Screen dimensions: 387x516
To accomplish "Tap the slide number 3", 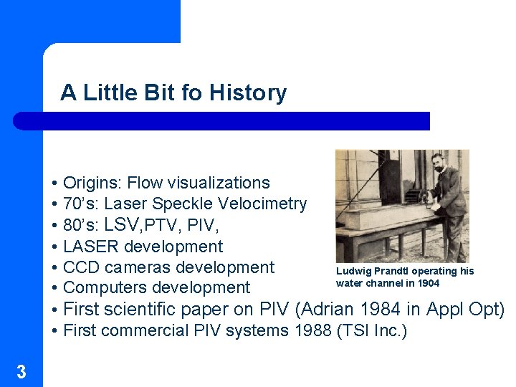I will pos(21,371).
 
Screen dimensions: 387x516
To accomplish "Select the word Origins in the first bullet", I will pos(91,183).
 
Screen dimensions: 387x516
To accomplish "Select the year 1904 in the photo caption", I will pos(428,283).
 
